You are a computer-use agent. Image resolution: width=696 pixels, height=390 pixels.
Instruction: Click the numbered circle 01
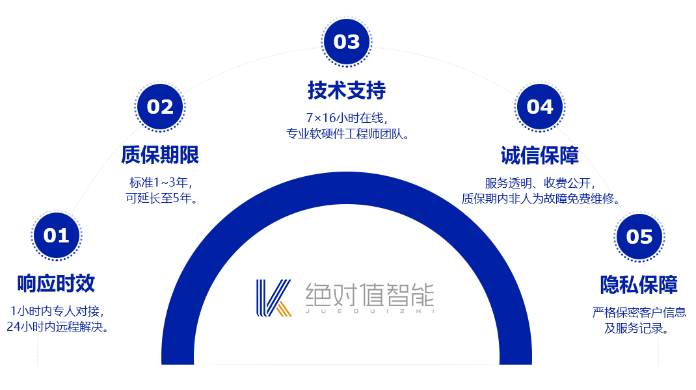(x=57, y=235)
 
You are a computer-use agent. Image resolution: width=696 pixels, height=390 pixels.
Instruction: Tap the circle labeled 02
(x=160, y=107)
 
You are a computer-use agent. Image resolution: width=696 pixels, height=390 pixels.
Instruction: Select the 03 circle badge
(x=347, y=42)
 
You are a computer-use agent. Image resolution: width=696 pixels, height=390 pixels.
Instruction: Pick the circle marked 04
(x=540, y=107)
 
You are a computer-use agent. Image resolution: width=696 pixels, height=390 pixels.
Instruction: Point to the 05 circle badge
(x=639, y=237)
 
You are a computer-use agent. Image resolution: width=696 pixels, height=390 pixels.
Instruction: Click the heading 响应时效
(x=56, y=283)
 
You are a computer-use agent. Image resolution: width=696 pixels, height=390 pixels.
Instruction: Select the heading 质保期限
(x=160, y=155)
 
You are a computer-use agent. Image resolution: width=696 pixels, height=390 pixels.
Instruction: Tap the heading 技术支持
(x=347, y=90)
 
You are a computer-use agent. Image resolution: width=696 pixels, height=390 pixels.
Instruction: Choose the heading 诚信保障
(x=540, y=155)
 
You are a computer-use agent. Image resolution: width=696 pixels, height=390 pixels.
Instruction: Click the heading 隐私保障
(x=639, y=285)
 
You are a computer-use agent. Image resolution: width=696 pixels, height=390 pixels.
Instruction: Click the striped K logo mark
(x=274, y=298)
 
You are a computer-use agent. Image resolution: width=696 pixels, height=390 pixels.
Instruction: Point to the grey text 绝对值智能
(x=369, y=295)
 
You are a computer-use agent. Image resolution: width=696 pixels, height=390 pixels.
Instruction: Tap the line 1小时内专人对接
(x=57, y=311)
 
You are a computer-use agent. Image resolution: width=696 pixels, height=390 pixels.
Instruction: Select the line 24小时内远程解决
(x=57, y=327)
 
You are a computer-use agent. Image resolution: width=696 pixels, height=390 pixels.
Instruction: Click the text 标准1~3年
(x=160, y=183)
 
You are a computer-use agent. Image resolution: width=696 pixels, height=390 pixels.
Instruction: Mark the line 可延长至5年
(x=161, y=198)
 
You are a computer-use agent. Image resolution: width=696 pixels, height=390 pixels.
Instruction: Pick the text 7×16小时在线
(x=347, y=118)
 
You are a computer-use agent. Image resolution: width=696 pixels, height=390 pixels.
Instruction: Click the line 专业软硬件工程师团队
(x=347, y=133)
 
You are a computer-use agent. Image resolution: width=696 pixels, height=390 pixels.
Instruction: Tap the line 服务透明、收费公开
(x=540, y=183)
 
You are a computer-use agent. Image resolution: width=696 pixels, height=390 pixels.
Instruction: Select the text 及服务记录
(x=636, y=328)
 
